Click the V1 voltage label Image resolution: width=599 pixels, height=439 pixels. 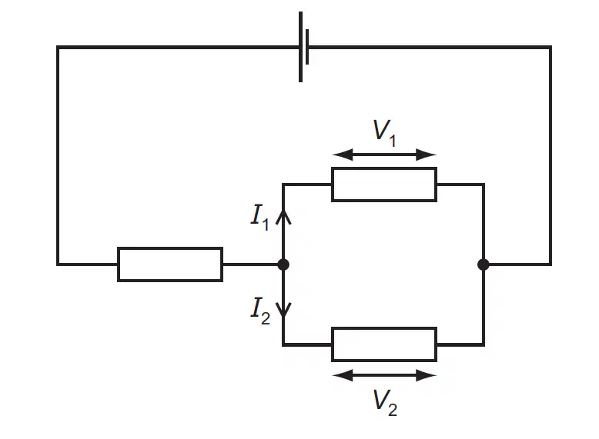pyautogui.click(x=384, y=133)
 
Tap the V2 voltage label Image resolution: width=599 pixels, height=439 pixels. pyautogui.click(x=385, y=402)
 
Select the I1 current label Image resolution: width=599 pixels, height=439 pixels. pyautogui.click(x=260, y=218)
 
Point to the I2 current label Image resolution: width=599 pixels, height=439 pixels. pyautogui.click(x=260, y=311)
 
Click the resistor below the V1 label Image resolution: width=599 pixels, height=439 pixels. pyautogui.click(x=384, y=185)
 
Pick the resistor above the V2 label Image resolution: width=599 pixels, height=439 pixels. pyautogui.click(x=384, y=344)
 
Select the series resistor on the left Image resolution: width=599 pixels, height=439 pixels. pyautogui.click(x=170, y=264)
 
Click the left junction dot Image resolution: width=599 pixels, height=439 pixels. pyautogui.click(x=283, y=264)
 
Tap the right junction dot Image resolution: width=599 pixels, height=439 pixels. pyautogui.click(x=484, y=264)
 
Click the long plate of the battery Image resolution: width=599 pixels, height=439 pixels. pyautogui.click(x=300, y=47)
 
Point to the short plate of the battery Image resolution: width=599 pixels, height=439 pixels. pyautogui.click(x=307, y=47)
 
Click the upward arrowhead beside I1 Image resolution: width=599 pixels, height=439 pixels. pyautogui.click(x=283, y=217)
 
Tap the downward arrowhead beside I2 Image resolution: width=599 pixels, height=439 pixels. pyautogui.click(x=283, y=310)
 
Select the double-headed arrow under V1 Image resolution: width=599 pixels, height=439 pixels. pyautogui.click(x=384, y=155)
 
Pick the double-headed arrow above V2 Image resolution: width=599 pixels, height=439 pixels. pyautogui.click(x=384, y=375)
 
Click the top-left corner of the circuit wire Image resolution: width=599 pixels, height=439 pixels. pyautogui.click(x=58, y=48)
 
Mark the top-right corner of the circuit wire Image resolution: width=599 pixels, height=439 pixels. pyautogui.click(x=550, y=48)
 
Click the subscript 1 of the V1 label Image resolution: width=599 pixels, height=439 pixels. pyautogui.click(x=393, y=141)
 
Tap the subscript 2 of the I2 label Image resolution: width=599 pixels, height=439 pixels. pyautogui.click(x=266, y=318)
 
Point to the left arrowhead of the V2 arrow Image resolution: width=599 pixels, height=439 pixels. pyautogui.click(x=343, y=375)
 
